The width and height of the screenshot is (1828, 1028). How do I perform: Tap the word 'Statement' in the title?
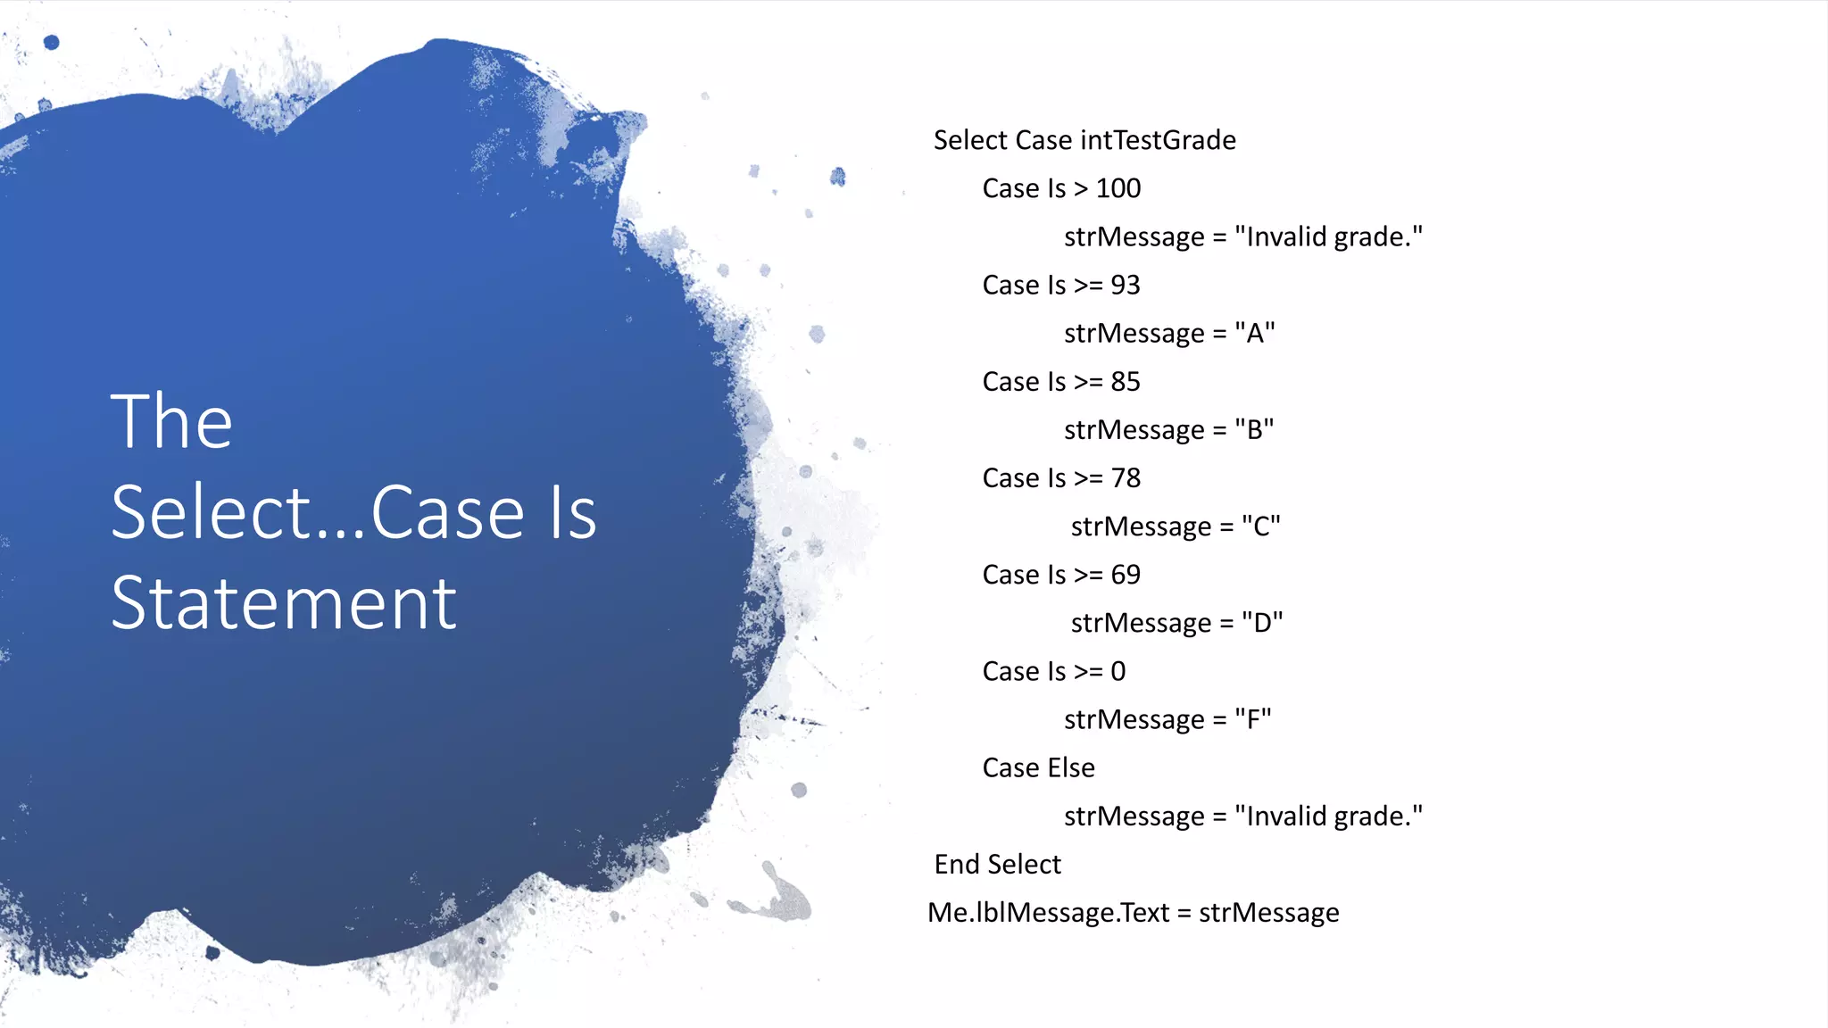(284, 604)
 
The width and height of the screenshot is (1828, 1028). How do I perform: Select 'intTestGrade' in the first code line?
(1159, 140)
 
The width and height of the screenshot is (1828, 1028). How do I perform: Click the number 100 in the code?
(1118, 188)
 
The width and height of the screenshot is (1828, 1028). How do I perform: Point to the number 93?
(1125, 285)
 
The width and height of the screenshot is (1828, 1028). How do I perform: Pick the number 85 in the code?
(1125, 381)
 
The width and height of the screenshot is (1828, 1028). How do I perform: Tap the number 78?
(1125, 478)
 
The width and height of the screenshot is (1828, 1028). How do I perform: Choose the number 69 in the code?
(1125, 575)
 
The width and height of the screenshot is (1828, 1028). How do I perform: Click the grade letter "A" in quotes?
(1255, 333)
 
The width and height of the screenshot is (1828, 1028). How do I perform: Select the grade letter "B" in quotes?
(1254, 429)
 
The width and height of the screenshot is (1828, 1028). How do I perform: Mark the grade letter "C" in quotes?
(1261, 526)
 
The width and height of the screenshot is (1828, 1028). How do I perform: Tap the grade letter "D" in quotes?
(1262, 623)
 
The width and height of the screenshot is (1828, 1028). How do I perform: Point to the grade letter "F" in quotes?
(1253, 719)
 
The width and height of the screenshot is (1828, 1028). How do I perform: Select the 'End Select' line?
(997, 864)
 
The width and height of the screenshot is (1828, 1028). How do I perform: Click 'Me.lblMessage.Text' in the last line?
(1048, 912)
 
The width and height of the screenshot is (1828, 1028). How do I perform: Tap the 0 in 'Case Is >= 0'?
(1118, 671)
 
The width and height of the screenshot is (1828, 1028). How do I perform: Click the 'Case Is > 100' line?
(1061, 188)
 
